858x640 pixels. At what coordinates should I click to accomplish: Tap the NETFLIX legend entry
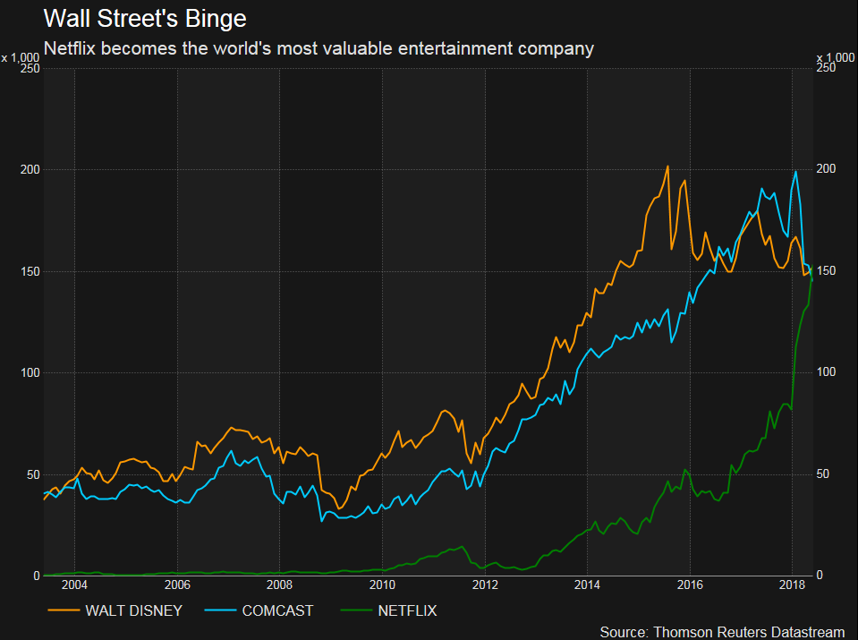408,611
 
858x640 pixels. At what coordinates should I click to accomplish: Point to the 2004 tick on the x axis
75,585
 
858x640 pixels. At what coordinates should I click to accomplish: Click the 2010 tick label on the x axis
382,585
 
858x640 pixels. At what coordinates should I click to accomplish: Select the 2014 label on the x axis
587,585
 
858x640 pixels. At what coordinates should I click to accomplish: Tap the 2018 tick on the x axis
792,585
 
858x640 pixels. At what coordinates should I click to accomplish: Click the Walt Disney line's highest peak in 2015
667,166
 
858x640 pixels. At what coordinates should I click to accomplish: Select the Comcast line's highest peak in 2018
795,172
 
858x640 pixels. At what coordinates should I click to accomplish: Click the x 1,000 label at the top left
21,57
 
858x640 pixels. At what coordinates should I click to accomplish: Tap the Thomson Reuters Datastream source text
721,632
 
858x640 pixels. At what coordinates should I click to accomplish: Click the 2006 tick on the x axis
177,585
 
